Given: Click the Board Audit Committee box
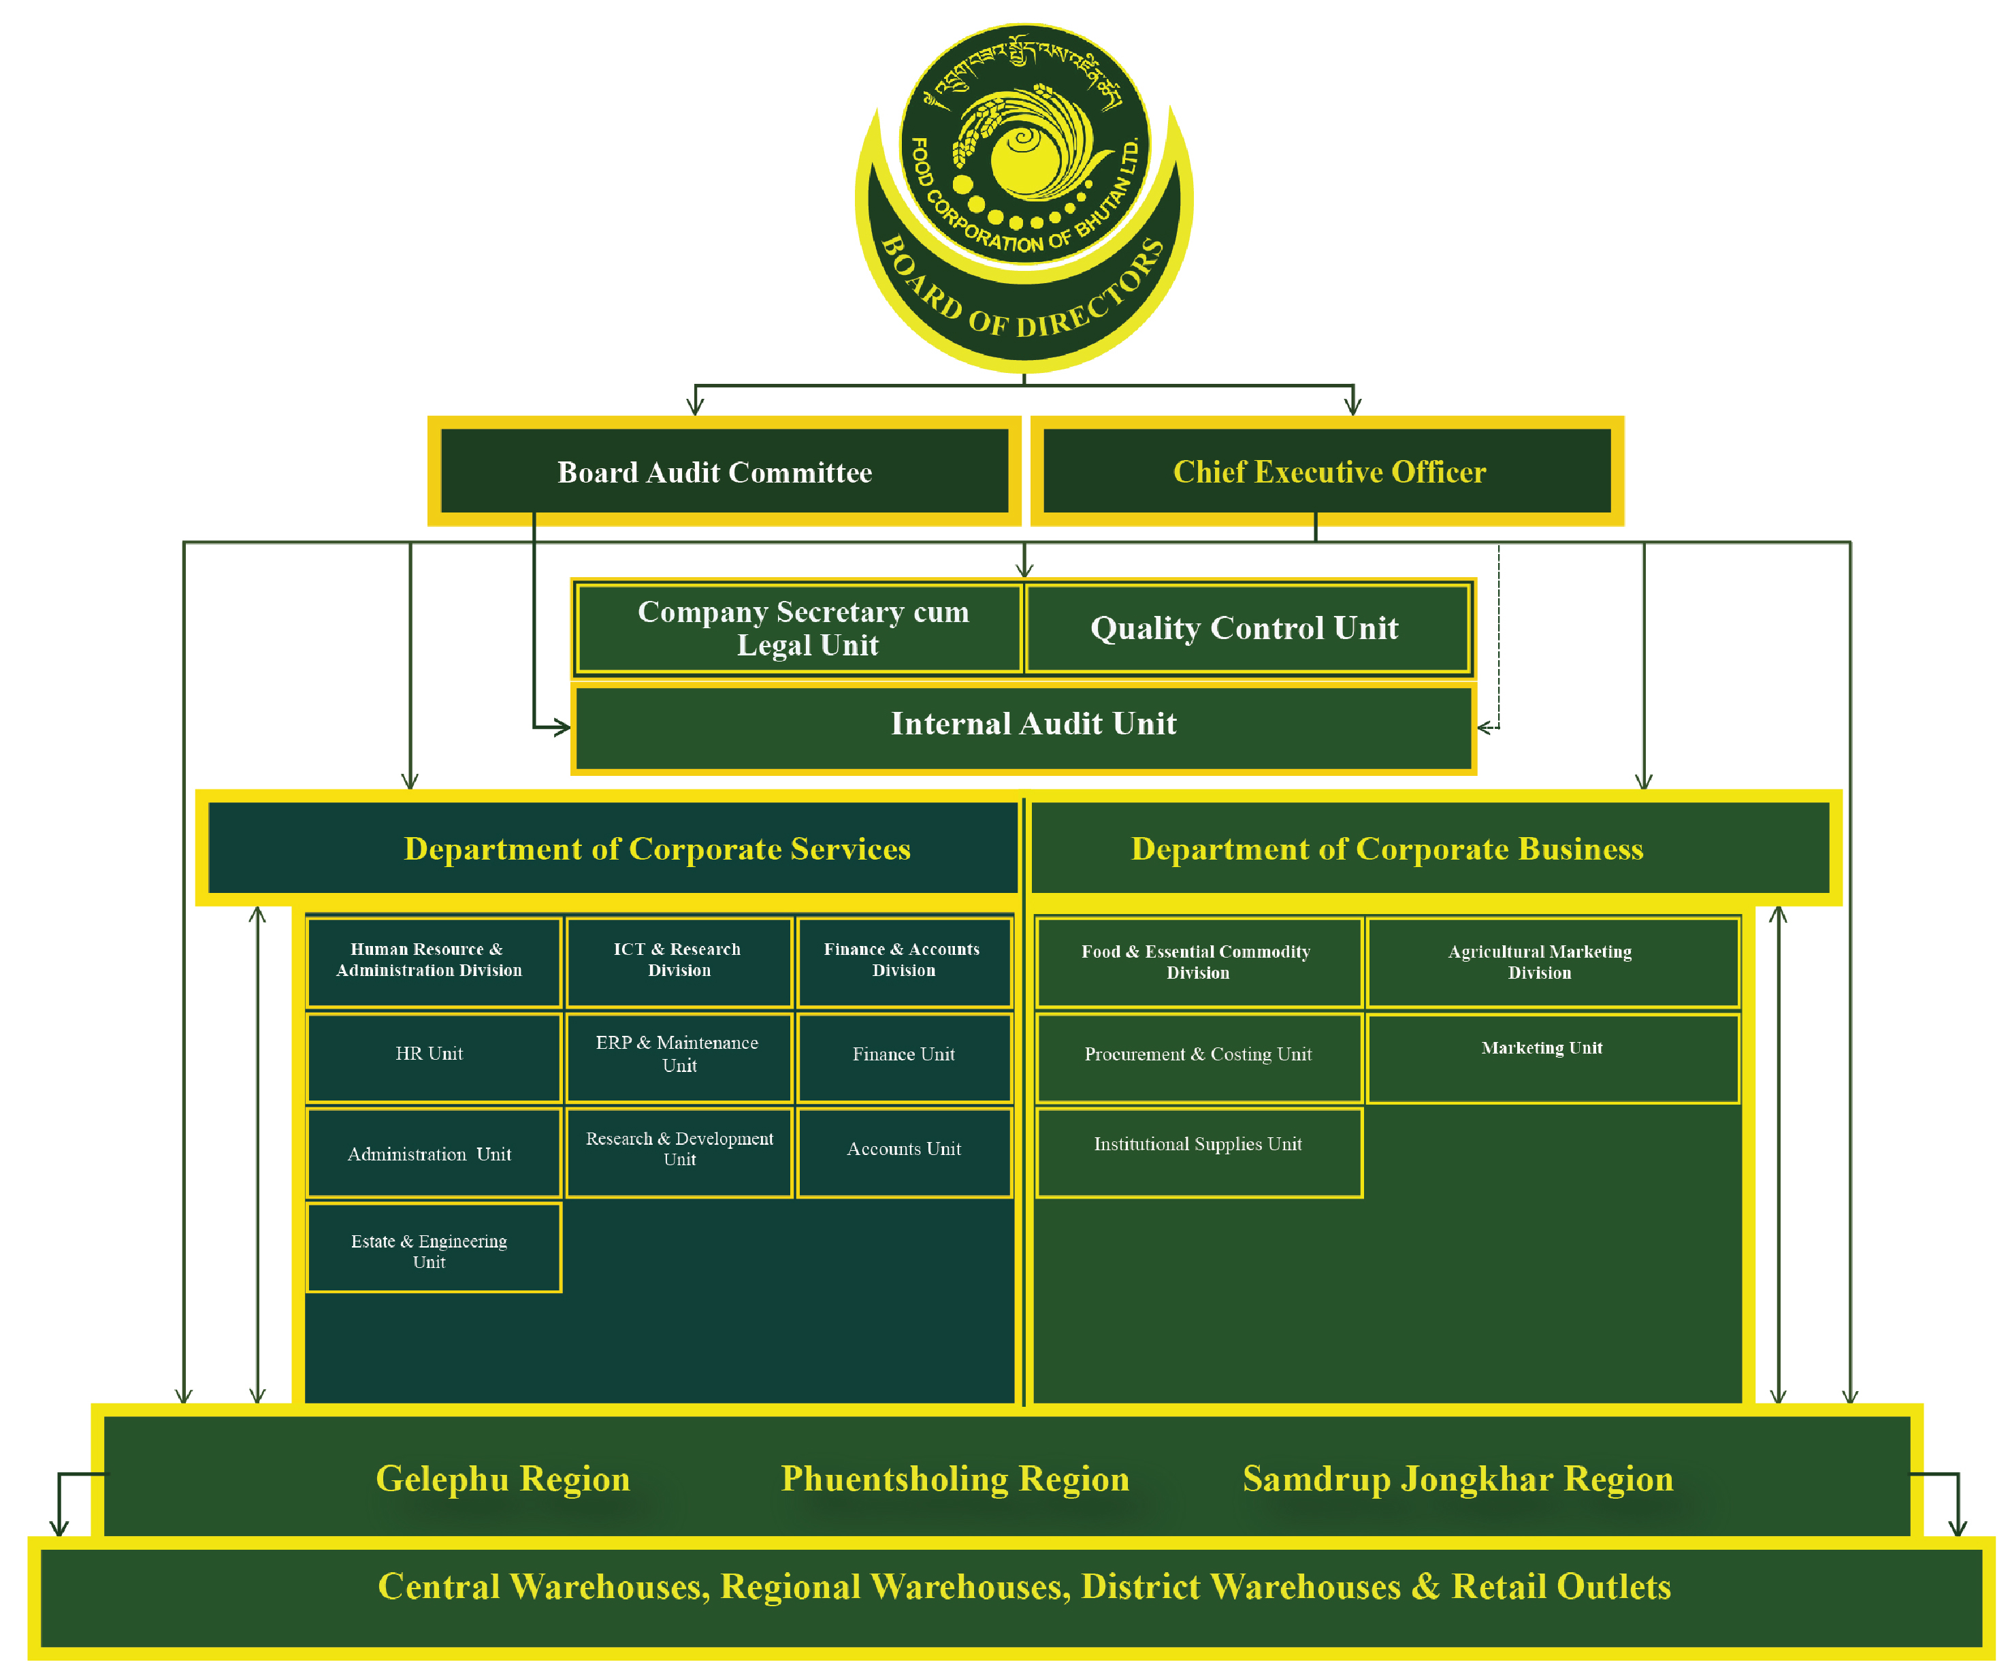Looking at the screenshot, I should click(x=724, y=471).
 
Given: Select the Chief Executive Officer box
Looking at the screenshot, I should click(x=1327, y=471).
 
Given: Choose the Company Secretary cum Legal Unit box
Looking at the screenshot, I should click(x=802, y=628).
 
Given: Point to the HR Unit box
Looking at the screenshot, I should click(x=433, y=1056).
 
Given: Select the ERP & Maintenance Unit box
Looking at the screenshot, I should click(x=679, y=1056).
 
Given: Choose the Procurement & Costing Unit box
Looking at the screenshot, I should click(x=1199, y=1056).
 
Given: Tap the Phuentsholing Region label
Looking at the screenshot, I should click(x=954, y=1479).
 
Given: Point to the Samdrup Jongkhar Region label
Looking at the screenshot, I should click(x=1458, y=1479).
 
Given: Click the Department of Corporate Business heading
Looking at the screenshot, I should click(x=1387, y=849).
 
